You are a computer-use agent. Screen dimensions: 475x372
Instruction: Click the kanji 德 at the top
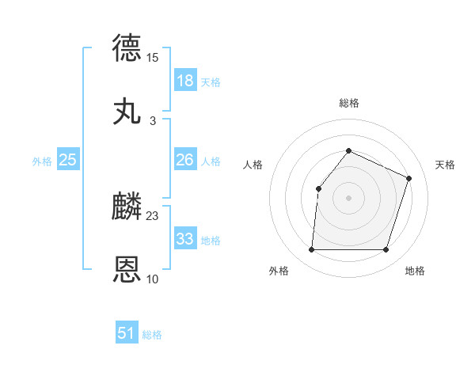tap(127, 47)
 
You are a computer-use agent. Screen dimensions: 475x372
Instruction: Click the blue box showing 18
tap(185, 81)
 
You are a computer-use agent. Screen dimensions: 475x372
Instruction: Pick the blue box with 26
tap(185, 160)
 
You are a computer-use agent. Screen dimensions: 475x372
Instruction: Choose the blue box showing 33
tap(185, 238)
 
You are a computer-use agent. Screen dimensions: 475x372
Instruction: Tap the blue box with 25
tap(68, 160)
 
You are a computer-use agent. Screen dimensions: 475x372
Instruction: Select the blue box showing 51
tap(127, 333)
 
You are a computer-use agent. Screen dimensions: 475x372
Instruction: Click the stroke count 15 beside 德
tap(152, 57)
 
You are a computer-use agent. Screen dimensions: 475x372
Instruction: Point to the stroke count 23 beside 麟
tap(152, 215)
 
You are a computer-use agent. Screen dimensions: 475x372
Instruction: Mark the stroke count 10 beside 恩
tap(152, 279)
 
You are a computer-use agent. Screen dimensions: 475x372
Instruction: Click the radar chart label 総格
tap(349, 103)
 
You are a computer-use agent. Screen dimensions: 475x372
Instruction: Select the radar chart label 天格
tap(445, 165)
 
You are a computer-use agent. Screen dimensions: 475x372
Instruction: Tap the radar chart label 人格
tap(253, 165)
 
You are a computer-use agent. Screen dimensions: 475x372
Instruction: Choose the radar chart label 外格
tap(279, 271)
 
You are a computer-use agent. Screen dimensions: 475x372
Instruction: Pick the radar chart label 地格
tap(415, 271)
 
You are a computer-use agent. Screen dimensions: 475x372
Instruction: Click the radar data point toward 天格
tap(409, 178)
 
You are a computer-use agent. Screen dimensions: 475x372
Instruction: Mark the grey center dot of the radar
tap(349, 197)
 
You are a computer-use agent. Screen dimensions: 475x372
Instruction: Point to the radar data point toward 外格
tap(312, 250)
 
